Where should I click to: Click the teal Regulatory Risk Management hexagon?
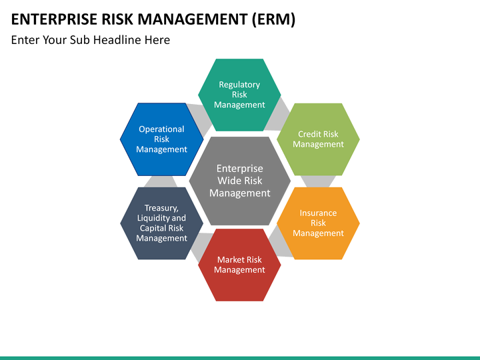239,95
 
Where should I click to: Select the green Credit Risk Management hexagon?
318,139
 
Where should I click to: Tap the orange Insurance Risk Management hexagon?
318,223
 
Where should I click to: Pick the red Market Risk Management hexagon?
239,265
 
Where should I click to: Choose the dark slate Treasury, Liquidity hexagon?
161,223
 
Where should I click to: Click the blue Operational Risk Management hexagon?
161,139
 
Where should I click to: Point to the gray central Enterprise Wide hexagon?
239,181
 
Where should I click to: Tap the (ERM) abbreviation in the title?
273,19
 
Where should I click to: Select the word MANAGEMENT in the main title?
192,19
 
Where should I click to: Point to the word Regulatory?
239,85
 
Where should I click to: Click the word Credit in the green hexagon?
309,134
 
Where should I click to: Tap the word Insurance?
318,213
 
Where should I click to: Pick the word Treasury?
161,208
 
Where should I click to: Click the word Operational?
161,129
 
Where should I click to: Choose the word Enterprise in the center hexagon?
239,169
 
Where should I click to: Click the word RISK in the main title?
117,19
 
